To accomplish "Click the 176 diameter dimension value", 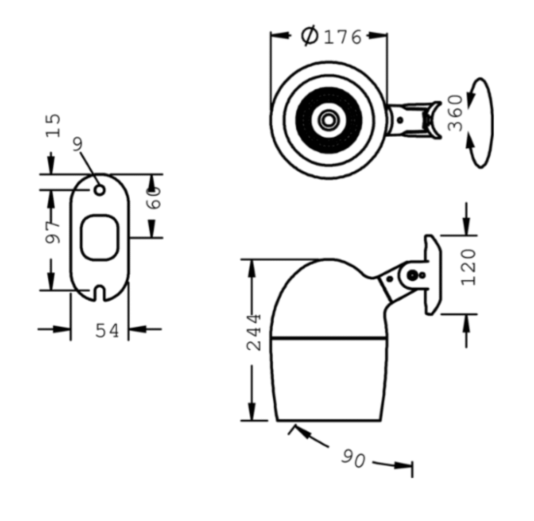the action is tap(342, 37).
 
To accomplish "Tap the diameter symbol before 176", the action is tap(309, 35).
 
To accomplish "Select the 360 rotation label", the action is tap(455, 113).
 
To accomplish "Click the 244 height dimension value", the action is tap(254, 333).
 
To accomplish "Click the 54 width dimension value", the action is tap(107, 331).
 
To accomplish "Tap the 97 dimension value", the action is tap(53, 232).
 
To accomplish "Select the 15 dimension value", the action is tap(54, 125).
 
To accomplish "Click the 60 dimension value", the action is tap(153, 198).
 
